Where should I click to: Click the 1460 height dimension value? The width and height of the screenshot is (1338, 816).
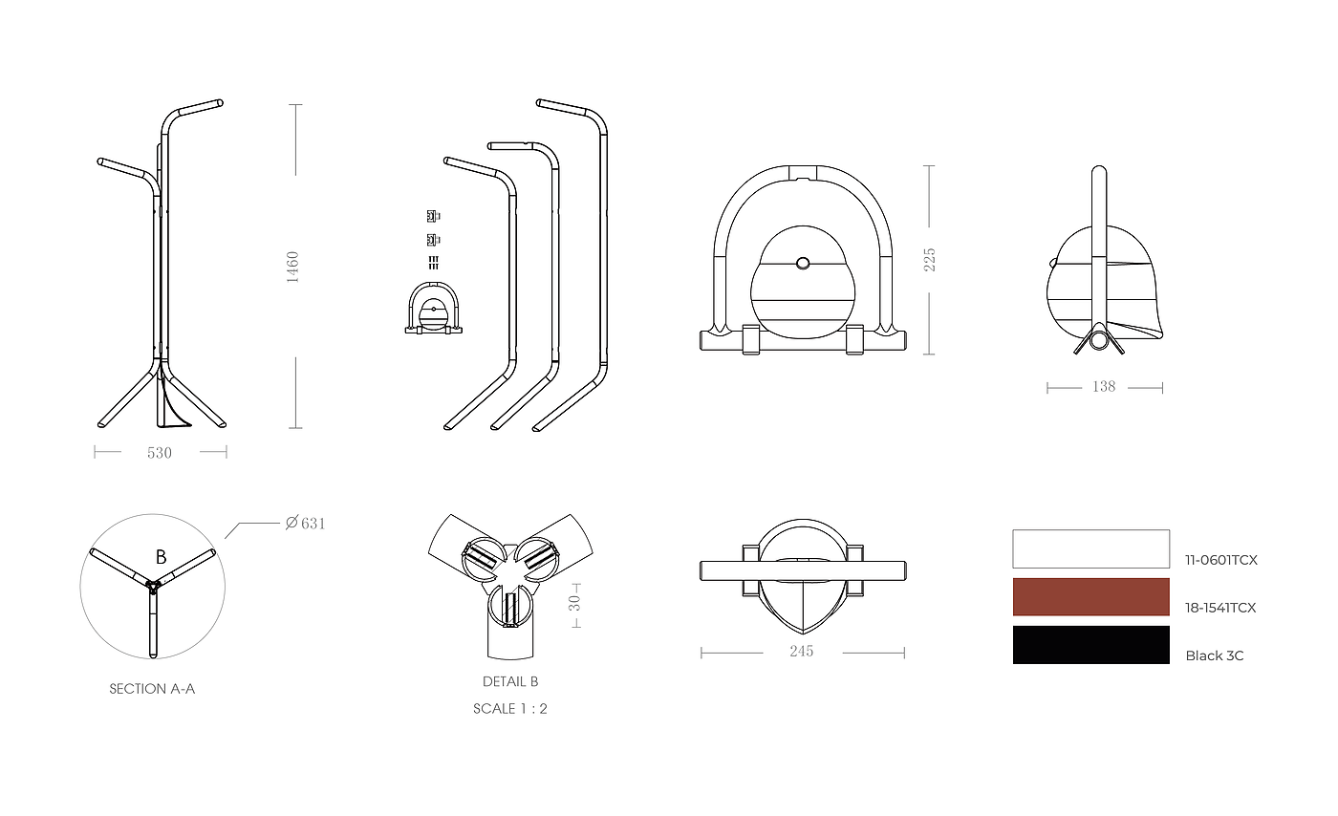point(292,267)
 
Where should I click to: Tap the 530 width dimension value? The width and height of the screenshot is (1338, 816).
point(160,454)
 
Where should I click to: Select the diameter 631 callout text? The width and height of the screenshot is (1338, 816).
point(305,524)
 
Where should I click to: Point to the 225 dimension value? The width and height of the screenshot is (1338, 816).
point(929,260)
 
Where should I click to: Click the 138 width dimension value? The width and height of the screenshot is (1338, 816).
point(1104,387)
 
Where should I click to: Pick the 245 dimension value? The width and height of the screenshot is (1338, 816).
point(802,651)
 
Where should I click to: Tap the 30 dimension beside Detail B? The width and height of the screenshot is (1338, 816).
point(574,603)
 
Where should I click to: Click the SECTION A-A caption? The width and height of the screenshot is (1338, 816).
point(152,689)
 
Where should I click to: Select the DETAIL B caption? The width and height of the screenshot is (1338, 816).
point(510,681)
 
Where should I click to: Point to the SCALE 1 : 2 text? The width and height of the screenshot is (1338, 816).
point(510,708)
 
